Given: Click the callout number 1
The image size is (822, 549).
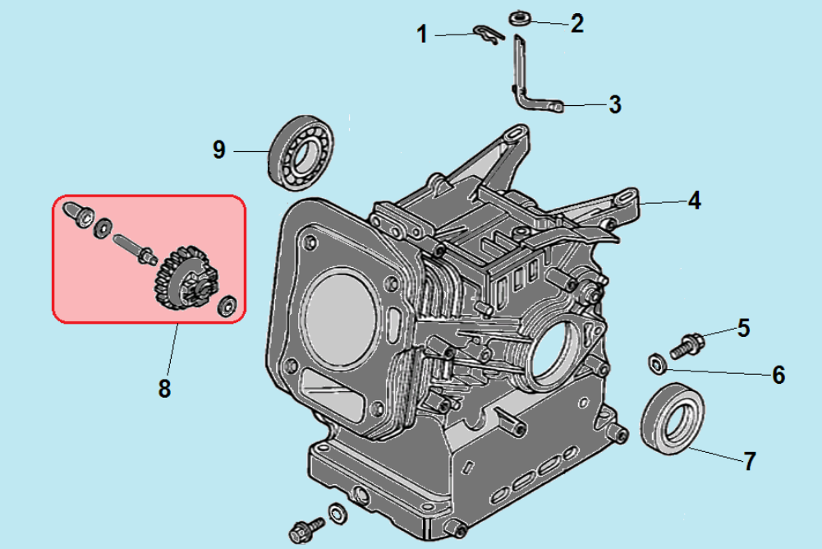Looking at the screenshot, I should click(422, 35).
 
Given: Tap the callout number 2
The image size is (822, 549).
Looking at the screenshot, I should click(577, 23).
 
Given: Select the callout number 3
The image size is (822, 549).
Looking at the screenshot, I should click(614, 105).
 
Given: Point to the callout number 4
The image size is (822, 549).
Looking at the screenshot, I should click(694, 200).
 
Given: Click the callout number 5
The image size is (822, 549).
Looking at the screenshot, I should click(743, 329).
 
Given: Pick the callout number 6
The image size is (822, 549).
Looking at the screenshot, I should click(778, 375).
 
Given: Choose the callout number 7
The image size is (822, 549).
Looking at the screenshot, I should click(749, 461).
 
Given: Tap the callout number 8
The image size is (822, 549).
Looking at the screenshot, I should click(165, 388).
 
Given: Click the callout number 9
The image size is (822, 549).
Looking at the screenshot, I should click(218, 150).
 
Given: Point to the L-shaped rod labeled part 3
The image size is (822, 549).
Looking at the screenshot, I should click(526, 82).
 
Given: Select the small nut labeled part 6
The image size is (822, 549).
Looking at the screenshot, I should click(658, 362).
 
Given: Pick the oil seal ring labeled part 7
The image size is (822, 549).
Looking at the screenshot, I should click(673, 418).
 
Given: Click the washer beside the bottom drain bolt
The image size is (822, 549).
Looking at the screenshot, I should click(337, 513).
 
